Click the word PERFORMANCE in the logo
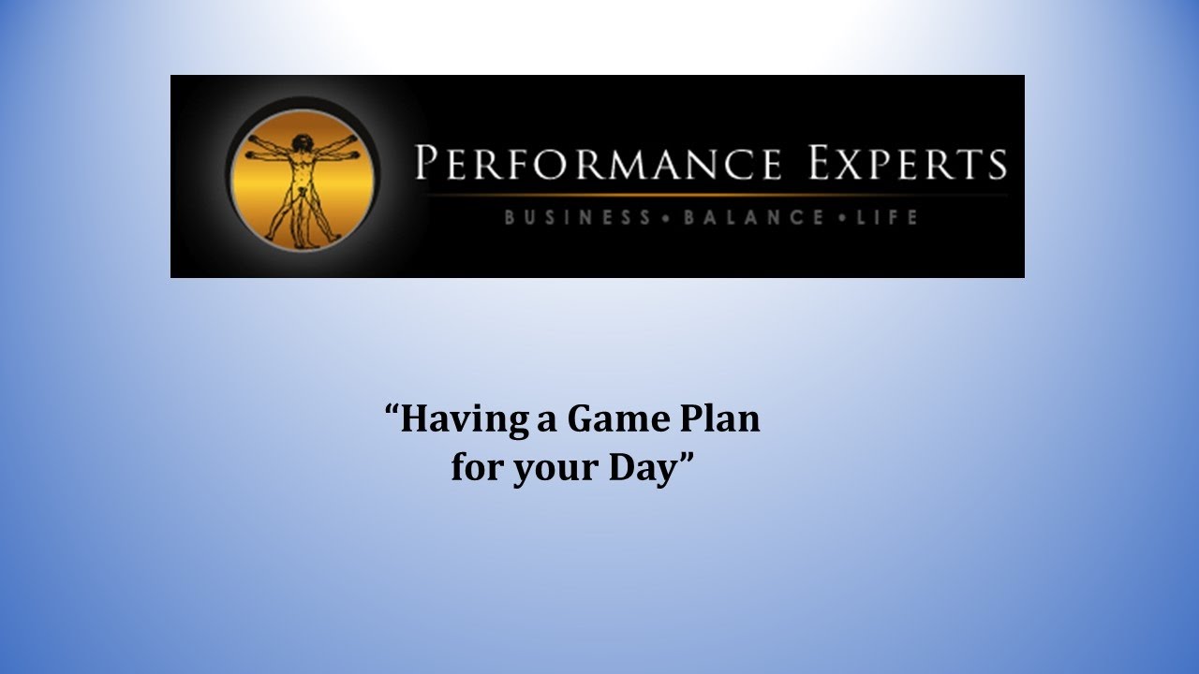click(x=598, y=163)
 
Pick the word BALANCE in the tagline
click(x=754, y=218)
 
